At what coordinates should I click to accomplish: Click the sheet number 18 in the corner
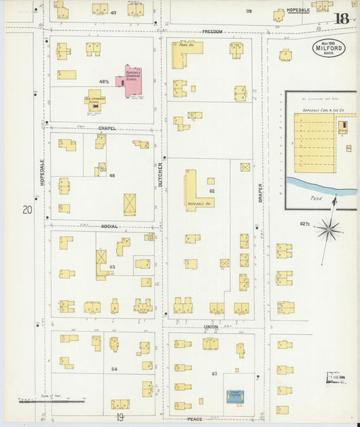tap(342, 18)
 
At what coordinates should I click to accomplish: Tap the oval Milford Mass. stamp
tap(328, 47)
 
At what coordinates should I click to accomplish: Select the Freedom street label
tap(211, 32)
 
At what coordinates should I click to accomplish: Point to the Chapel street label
tap(107, 128)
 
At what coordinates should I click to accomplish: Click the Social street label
tap(109, 226)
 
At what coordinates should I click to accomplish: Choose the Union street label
tap(211, 327)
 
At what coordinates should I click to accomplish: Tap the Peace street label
tap(195, 419)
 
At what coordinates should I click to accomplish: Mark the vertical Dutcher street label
tap(161, 174)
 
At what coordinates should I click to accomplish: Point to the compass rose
tap(329, 230)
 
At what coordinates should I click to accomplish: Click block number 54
tap(114, 369)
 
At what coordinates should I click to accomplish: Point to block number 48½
tap(104, 81)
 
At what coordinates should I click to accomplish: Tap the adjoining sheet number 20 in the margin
tap(27, 210)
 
